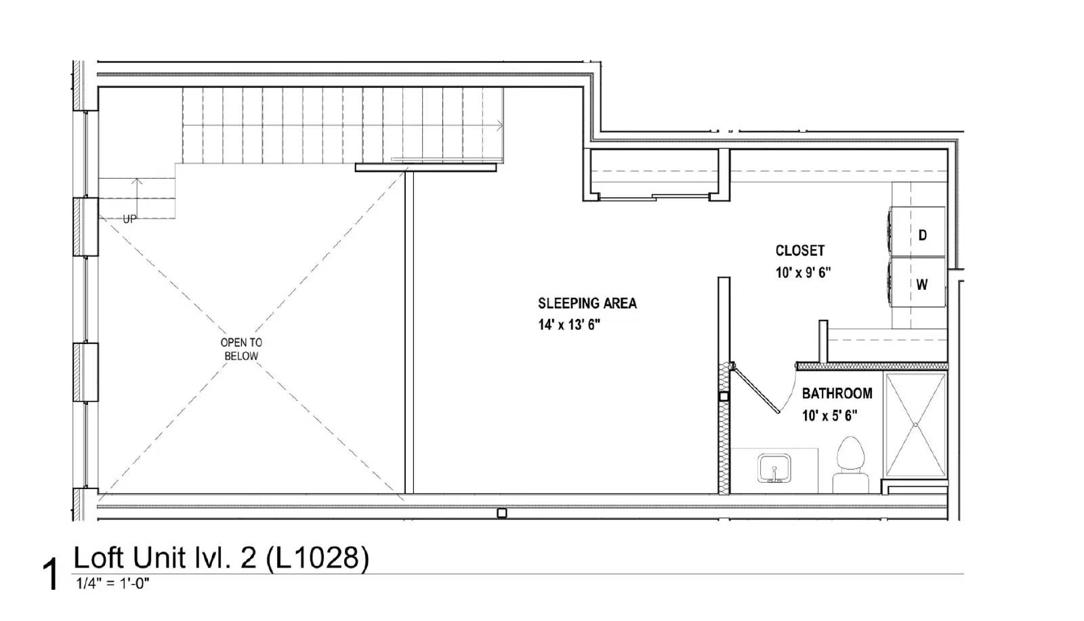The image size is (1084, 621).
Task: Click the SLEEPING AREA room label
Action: pyautogui.click(x=587, y=303)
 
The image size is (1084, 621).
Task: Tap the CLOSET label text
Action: pyautogui.click(x=800, y=251)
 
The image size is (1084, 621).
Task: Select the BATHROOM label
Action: pyautogui.click(x=837, y=393)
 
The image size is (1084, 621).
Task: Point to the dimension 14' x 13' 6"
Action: pyautogui.click(x=569, y=325)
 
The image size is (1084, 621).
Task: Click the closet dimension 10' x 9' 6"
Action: pyautogui.click(x=804, y=273)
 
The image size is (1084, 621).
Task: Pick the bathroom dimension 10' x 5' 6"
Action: pyautogui.click(x=829, y=415)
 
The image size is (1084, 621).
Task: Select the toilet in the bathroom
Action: pyautogui.click(x=850, y=465)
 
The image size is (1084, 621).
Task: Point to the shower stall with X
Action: pyautogui.click(x=915, y=425)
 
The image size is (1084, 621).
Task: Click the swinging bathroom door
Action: pyautogui.click(x=755, y=388)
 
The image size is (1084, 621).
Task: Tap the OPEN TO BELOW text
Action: pyautogui.click(x=241, y=349)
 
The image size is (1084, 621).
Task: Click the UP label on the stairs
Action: pyautogui.click(x=129, y=219)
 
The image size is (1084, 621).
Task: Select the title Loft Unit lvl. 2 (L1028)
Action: pyautogui.click(x=221, y=557)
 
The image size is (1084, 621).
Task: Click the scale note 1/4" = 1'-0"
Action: pyautogui.click(x=112, y=584)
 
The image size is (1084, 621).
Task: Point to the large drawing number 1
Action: pyautogui.click(x=50, y=574)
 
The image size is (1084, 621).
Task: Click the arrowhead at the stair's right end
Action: pyautogui.click(x=500, y=126)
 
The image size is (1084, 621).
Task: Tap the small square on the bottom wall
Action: pyautogui.click(x=502, y=513)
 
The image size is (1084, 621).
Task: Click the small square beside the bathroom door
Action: pyautogui.click(x=724, y=397)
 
